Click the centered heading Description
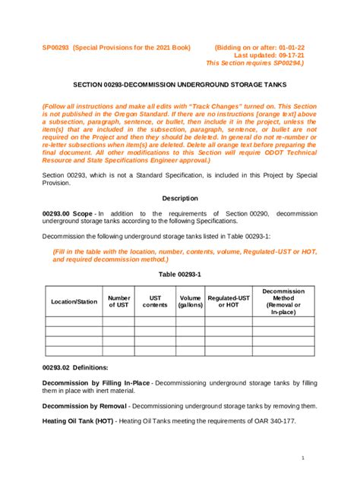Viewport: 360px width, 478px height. click(x=179, y=198)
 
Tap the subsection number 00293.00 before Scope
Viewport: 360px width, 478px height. click(x=58, y=214)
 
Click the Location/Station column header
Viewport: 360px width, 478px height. click(x=74, y=301)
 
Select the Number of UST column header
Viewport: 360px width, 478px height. click(x=118, y=301)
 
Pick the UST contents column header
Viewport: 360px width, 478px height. click(x=155, y=301)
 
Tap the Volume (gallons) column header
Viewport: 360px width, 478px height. click(x=190, y=301)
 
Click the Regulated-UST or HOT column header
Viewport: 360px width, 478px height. click(x=229, y=301)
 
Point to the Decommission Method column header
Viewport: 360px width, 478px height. click(x=283, y=301)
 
